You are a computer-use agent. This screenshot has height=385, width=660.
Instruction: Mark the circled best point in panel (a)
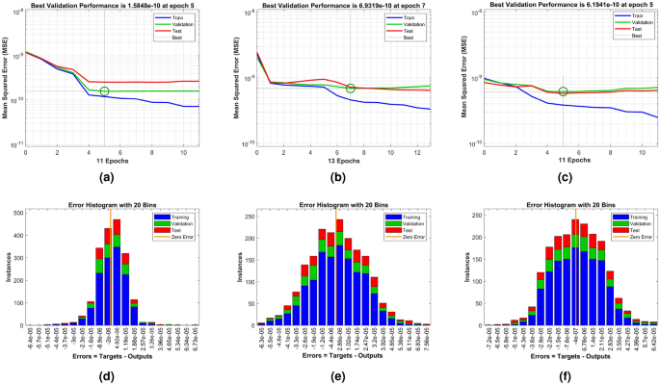(104, 91)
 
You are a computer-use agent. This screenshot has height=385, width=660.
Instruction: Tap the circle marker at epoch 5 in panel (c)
(563, 91)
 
